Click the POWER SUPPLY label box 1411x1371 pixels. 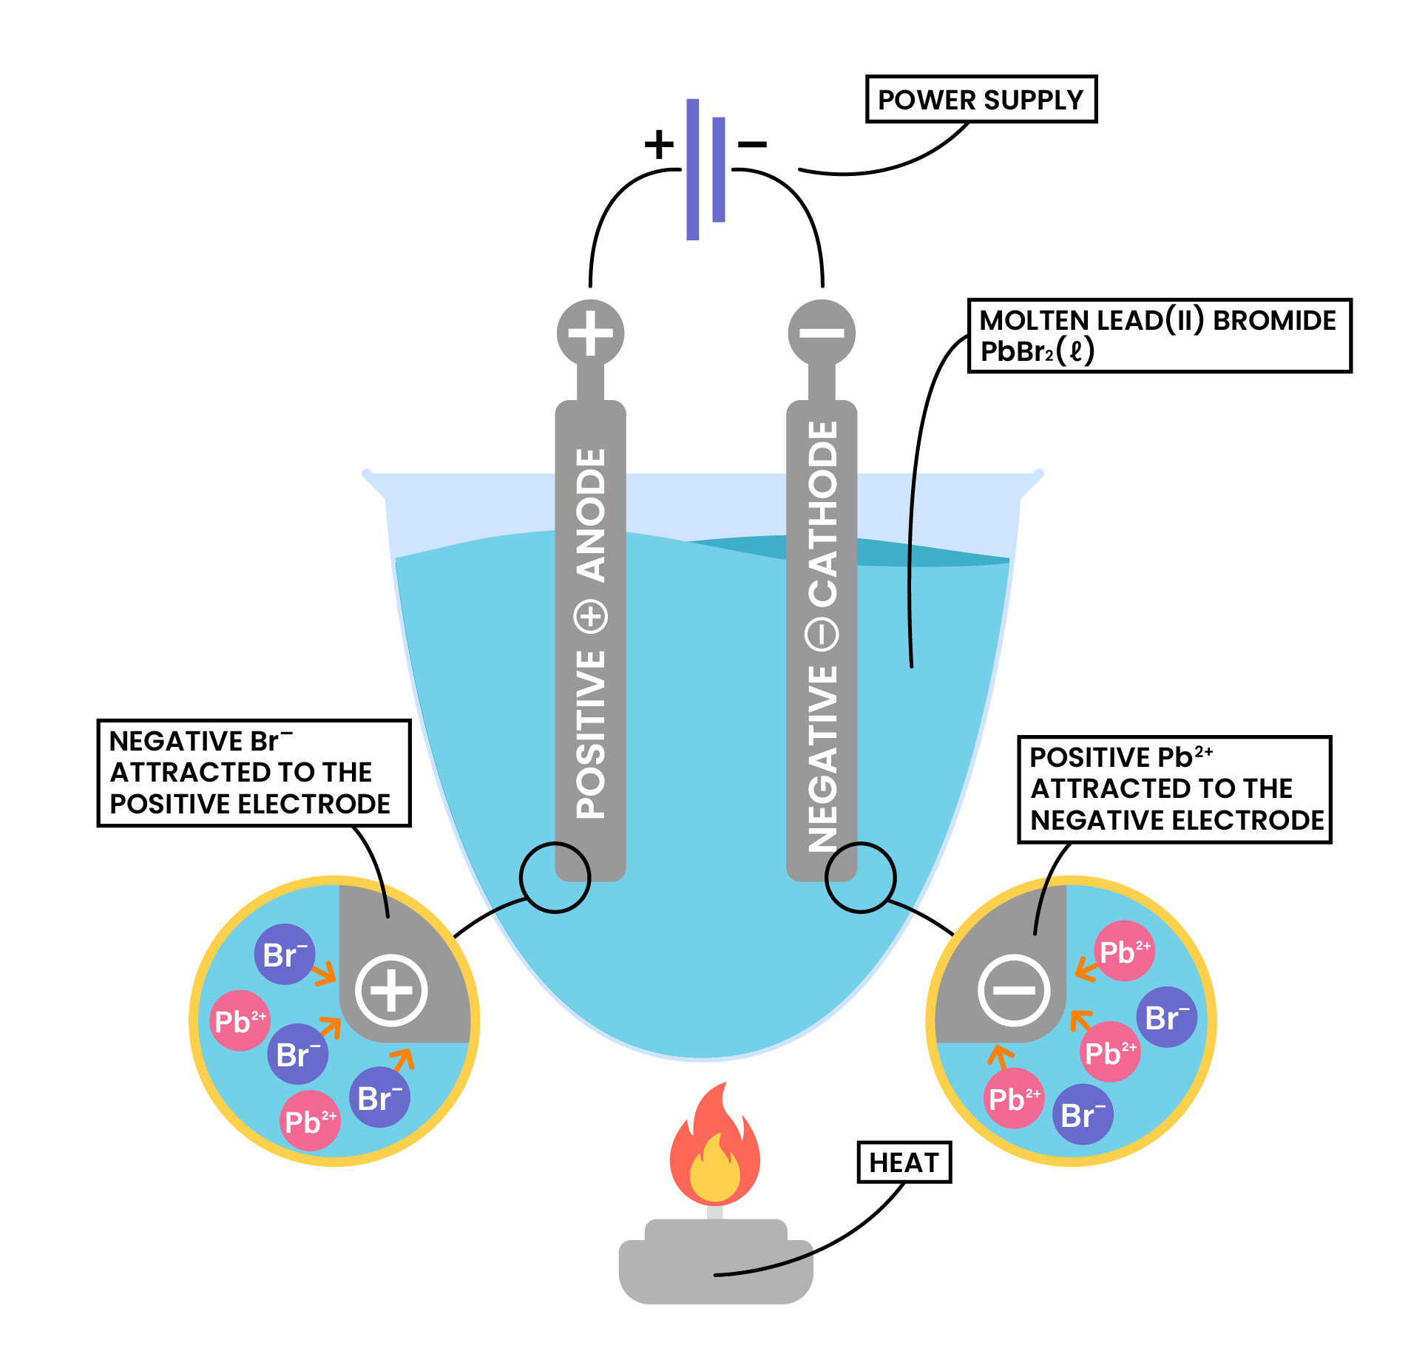(981, 99)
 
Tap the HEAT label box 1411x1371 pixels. (904, 1162)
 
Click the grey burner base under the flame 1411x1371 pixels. (715, 1265)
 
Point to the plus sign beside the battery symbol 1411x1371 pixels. (659, 143)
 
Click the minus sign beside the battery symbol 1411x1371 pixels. (753, 144)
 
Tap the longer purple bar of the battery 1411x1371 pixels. (693, 169)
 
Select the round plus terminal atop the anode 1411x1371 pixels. (590, 333)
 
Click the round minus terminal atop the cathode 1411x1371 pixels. (822, 333)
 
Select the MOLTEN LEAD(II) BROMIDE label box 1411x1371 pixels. (1159, 335)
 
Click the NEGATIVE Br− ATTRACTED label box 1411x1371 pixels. (253, 773)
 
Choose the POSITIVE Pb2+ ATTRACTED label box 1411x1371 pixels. (1174, 789)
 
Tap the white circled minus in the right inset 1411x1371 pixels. (1014, 990)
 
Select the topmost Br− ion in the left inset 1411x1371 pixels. (285, 955)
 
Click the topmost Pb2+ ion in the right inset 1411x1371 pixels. (1124, 951)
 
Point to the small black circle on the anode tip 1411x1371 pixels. (555, 878)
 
